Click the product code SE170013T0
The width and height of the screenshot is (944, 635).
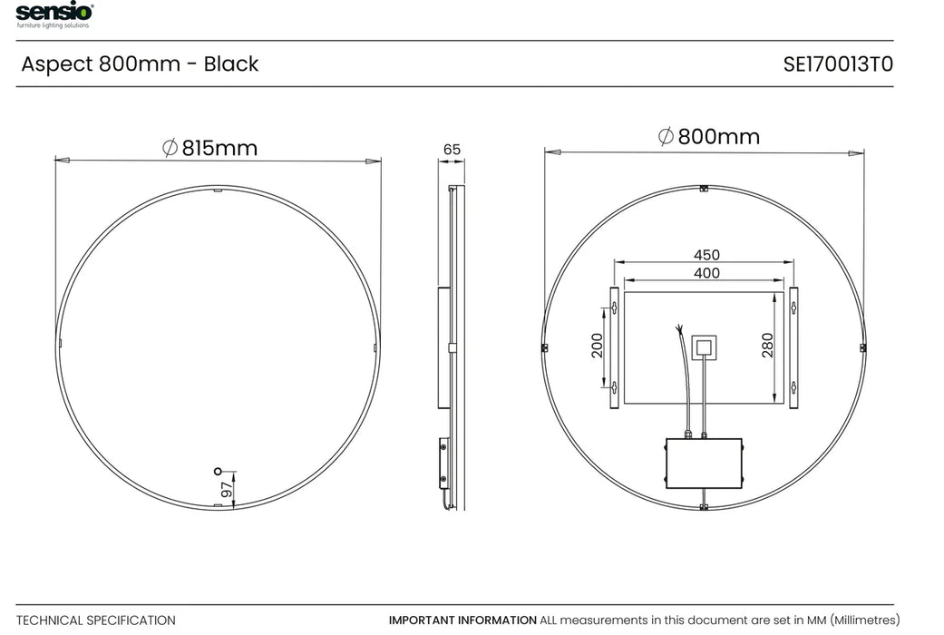838,64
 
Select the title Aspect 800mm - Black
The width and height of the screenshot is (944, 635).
140,64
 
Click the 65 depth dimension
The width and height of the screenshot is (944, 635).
452,149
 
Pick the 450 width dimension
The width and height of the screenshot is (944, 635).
706,256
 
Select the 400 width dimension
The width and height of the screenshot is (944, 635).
706,273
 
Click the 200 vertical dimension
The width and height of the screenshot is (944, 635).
598,346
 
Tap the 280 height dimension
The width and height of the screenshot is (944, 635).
767,346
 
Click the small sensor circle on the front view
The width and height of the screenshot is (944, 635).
217,470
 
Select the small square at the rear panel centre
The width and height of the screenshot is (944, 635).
704,346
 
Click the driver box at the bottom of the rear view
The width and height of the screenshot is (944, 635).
704,464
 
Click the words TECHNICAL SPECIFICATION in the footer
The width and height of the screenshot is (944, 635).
96,620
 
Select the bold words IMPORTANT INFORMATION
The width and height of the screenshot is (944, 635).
462,620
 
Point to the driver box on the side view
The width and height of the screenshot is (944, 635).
443,462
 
